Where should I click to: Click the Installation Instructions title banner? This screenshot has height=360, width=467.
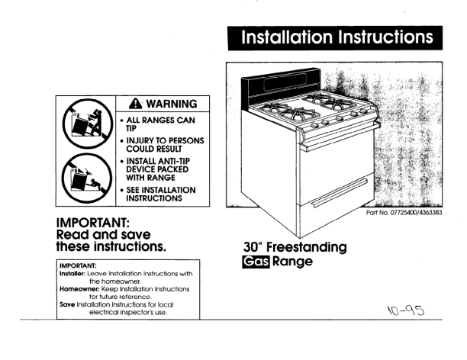coord(335,38)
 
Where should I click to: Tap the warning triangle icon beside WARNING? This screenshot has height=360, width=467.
coord(136,103)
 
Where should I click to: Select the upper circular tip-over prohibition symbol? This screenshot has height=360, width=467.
coord(88,124)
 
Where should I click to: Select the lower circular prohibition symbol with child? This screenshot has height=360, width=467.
coord(87,178)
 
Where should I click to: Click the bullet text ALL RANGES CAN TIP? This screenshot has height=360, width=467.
coord(160,124)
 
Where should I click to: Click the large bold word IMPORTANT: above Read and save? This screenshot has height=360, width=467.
coord(93,223)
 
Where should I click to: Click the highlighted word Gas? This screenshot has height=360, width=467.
coord(256,262)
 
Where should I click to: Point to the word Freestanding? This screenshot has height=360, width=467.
coord(307,247)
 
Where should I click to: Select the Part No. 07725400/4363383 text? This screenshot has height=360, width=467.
coord(404,212)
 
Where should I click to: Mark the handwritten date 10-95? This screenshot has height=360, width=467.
coord(406,310)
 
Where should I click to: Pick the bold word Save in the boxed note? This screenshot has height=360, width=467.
coord(67,304)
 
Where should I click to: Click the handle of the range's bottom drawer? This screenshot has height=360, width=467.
coord(340,193)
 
